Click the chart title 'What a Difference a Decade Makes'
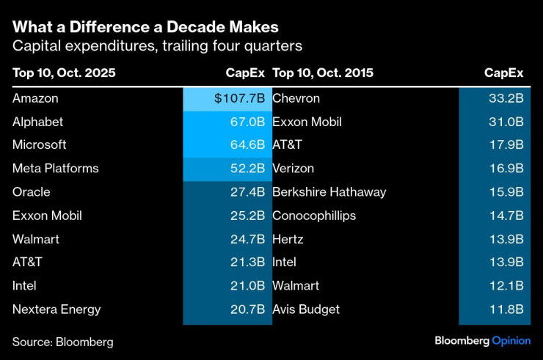coord(145,27)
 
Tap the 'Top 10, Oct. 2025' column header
coord(64,73)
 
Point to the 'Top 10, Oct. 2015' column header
coord(323,73)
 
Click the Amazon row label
coord(35,98)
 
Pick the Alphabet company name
coord(38,122)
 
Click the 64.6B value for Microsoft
coord(247,145)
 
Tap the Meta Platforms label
coord(55,169)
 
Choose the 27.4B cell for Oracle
coord(247,192)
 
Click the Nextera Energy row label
coord(57,309)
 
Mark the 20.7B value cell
coord(247,309)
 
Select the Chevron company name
coord(296,98)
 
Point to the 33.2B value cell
coord(507,98)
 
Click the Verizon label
coord(294,169)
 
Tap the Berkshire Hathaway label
coord(329,192)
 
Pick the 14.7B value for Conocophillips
coord(507,216)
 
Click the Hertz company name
coord(288,239)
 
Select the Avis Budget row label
coord(306,309)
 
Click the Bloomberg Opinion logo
coord(482,341)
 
